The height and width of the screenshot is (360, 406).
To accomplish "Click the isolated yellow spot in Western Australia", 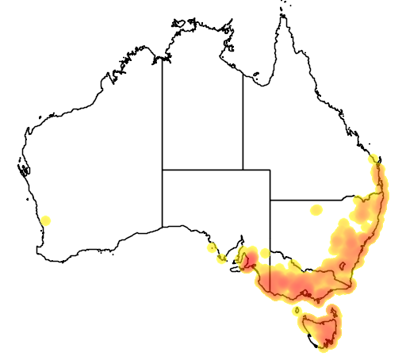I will click(x=46, y=220).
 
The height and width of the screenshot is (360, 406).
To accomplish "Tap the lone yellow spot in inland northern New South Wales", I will click(x=317, y=210).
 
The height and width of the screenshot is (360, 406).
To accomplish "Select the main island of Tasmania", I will click(x=320, y=328).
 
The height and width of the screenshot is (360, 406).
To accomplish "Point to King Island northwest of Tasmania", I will click(x=296, y=310).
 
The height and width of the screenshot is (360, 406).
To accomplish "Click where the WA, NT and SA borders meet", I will click(x=163, y=169).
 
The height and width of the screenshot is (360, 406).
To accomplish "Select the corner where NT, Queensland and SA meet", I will click(x=243, y=169).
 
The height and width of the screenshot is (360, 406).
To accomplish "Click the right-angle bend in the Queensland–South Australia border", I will click(x=270, y=169).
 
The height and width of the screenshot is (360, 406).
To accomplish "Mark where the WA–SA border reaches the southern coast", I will click(x=163, y=227).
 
